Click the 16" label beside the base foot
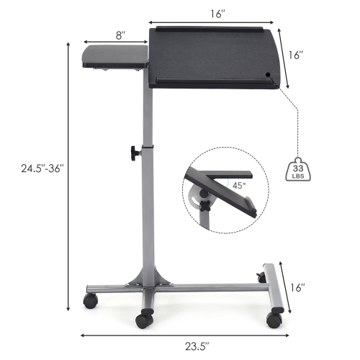point(297,287)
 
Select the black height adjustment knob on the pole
point(135,153)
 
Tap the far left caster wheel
point(90,300)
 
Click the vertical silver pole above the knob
point(147,115)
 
